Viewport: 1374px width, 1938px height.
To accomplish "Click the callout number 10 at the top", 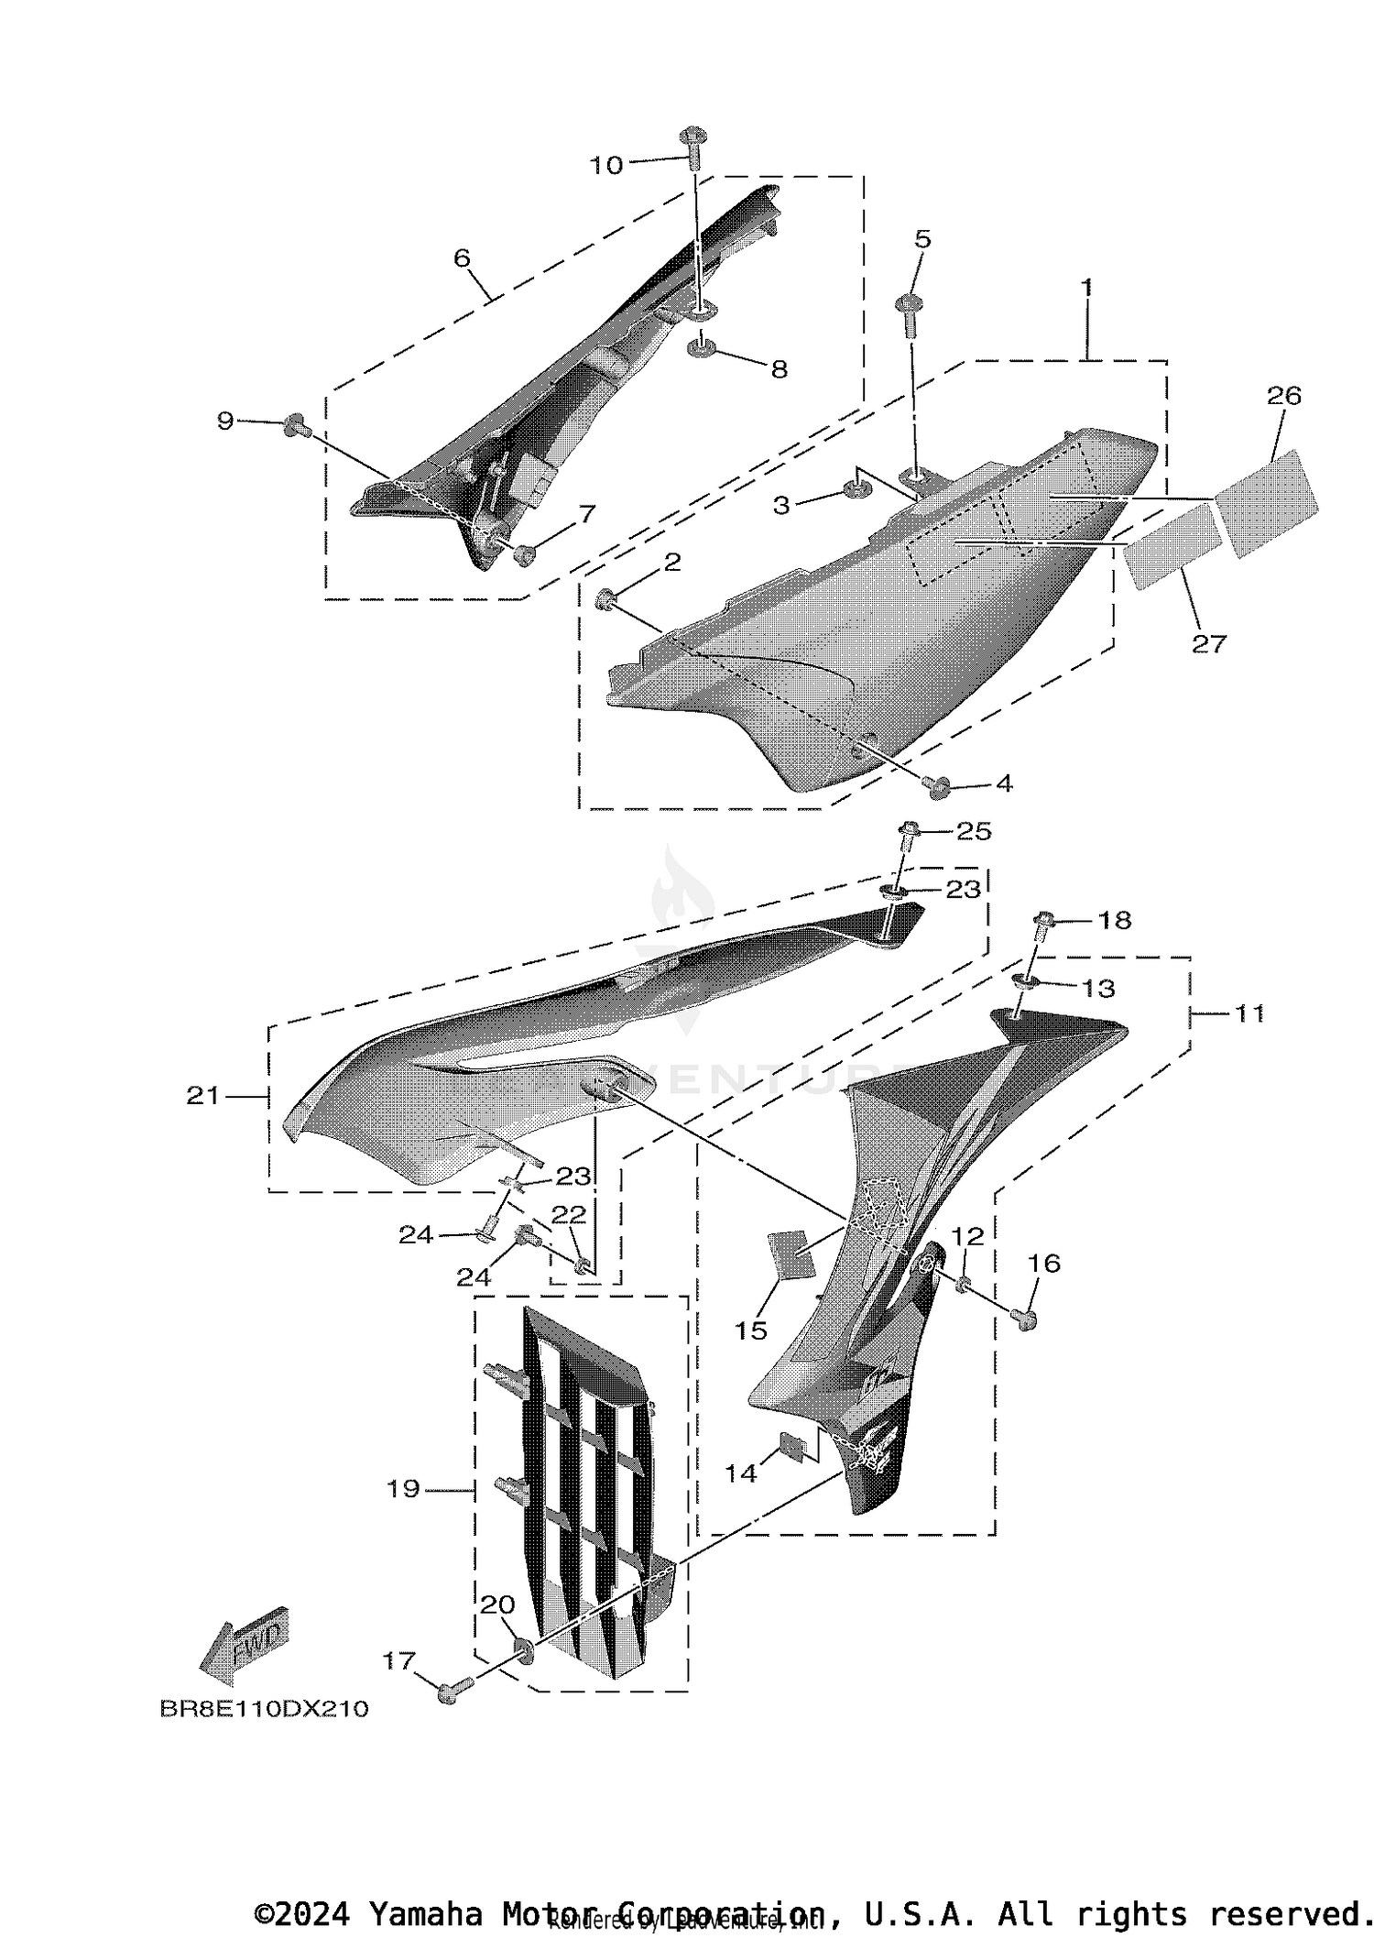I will pyautogui.click(x=605, y=165).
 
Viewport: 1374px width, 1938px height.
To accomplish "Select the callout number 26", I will pyautogui.click(x=1283, y=396).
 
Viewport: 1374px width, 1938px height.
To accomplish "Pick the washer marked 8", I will pyautogui.click(x=703, y=348).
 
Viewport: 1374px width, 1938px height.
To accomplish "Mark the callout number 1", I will pyautogui.click(x=1086, y=287).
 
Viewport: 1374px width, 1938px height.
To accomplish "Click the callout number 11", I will pyautogui.click(x=1249, y=1013).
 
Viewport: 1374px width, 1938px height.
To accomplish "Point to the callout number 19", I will pyautogui.click(x=403, y=1489).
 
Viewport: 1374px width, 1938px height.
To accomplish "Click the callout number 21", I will pyautogui.click(x=203, y=1095).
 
